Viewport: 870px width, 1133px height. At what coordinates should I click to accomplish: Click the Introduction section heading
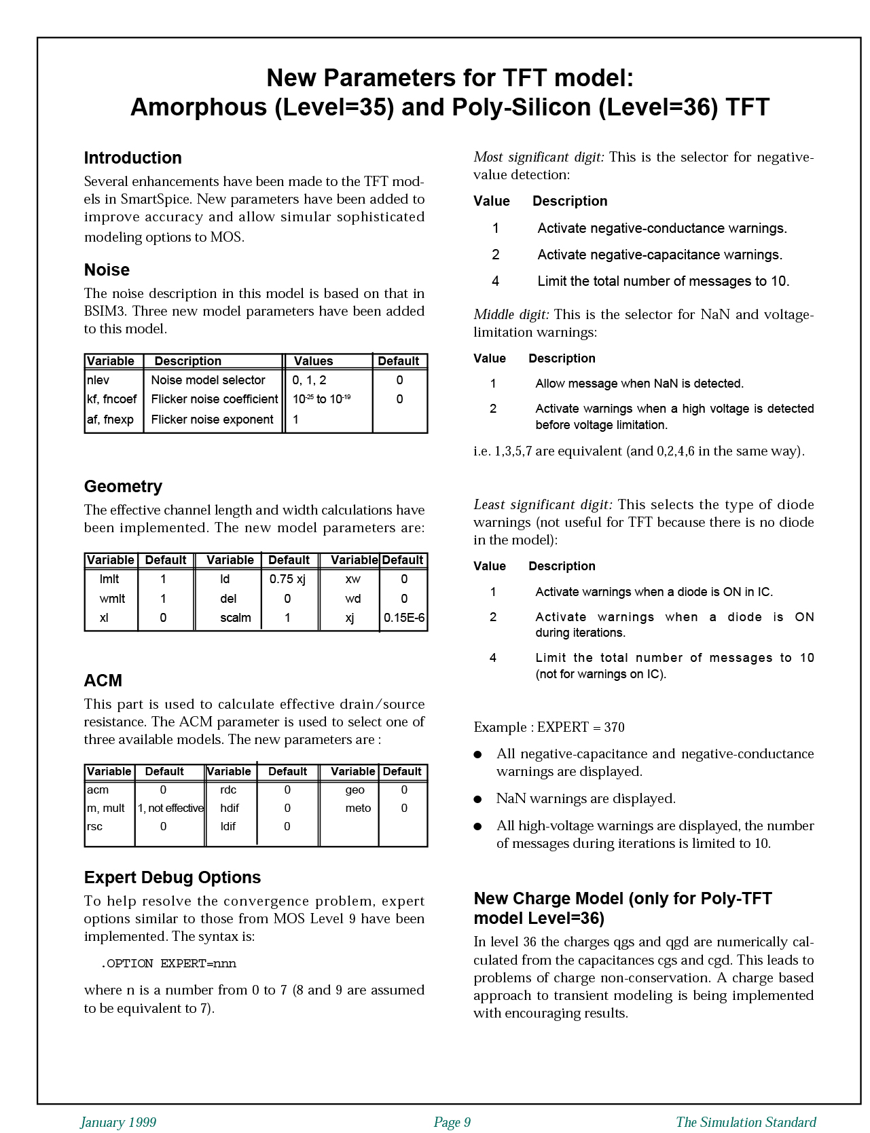click(x=132, y=158)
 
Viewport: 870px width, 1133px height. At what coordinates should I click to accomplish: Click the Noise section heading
click(x=107, y=270)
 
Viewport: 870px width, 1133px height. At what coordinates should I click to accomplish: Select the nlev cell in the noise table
click(x=98, y=380)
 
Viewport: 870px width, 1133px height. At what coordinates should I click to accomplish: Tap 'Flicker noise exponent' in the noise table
click(x=212, y=420)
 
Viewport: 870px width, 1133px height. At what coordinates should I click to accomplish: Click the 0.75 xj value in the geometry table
click(x=287, y=579)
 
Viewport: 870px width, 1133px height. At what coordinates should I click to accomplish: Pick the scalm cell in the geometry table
click(x=235, y=618)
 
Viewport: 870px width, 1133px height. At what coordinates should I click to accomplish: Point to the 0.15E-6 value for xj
click(x=404, y=618)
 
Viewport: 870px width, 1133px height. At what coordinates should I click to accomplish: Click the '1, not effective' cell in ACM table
click(x=170, y=808)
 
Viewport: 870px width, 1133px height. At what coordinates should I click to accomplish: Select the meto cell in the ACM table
click(x=358, y=808)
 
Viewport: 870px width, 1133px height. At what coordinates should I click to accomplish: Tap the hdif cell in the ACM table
click(x=230, y=808)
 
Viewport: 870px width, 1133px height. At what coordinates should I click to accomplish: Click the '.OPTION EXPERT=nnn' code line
click(x=168, y=963)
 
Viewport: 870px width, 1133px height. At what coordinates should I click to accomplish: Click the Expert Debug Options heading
click(x=173, y=878)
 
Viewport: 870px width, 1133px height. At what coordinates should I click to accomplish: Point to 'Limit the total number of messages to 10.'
click(x=663, y=281)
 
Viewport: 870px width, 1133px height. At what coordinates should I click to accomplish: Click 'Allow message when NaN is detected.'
click(x=639, y=384)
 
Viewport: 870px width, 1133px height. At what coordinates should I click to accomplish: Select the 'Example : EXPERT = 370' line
click(x=549, y=727)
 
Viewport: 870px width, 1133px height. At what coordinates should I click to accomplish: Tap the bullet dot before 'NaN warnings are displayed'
click(x=478, y=799)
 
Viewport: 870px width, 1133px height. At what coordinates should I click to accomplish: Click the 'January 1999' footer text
click(x=118, y=1122)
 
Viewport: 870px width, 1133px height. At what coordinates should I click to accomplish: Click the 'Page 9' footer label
click(x=452, y=1122)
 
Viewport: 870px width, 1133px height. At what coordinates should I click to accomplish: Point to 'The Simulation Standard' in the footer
click(x=746, y=1122)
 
